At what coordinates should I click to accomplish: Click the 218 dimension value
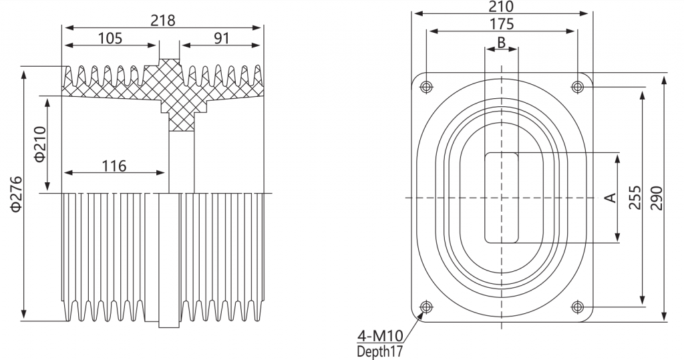point(163,21)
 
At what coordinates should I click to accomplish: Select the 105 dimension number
point(110,38)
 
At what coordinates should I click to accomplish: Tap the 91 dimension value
point(222,38)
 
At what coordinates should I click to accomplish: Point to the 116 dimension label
point(114,166)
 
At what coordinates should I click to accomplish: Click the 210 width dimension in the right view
point(501,7)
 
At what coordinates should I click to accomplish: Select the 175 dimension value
point(501,25)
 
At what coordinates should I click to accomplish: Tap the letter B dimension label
point(501,42)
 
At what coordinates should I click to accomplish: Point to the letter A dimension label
point(612,198)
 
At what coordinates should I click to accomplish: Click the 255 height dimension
point(636,198)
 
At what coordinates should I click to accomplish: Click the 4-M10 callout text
point(380,336)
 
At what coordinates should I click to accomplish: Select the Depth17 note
point(379,351)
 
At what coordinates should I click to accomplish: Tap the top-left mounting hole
point(426,87)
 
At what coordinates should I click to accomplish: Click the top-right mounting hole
point(578,87)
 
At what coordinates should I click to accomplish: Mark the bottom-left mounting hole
point(426,307)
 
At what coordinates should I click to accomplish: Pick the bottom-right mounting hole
point(578,307)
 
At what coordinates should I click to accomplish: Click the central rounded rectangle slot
point(485,198)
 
